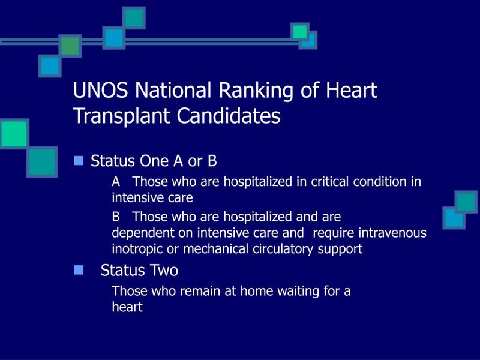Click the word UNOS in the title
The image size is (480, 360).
[100, 91]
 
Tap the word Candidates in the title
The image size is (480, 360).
[229, 116]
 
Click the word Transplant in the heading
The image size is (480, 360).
[122, 117]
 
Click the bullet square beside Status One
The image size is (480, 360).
[79, 161]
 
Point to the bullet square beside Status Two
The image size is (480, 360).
[79, 270]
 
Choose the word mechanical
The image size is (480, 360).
[216, 249]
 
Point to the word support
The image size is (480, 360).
[340, 250]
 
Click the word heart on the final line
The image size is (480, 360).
[127, 307]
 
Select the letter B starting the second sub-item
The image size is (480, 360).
[116, 217]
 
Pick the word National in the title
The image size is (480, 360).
[173, 91]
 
